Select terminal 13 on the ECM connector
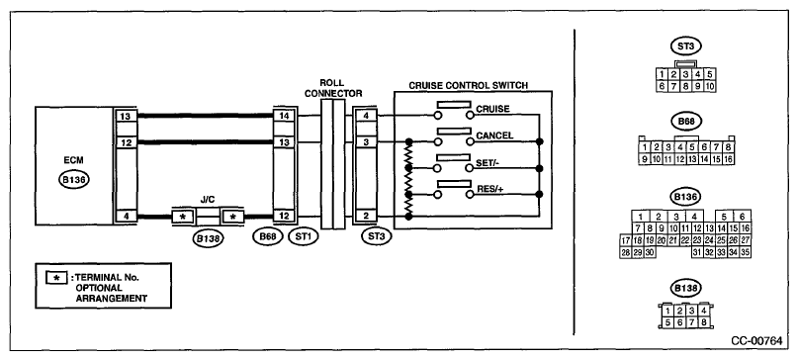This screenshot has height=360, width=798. click(125, 116)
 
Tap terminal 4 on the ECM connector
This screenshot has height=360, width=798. click(125, 216)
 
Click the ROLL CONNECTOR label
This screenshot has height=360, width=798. click(340, 88)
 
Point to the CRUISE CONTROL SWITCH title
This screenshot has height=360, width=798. click(468, 85)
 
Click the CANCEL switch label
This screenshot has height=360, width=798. click(494, 135)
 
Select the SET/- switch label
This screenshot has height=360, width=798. click(488, 163)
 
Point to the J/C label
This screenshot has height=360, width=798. click(208, 200)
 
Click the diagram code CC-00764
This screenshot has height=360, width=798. click(756, 341)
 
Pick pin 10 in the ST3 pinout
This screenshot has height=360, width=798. click(710, 87)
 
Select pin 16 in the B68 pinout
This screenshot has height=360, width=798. click(728, 159)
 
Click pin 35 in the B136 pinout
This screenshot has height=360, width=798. click(746, 252)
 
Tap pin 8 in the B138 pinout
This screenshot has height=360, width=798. click(704, 321)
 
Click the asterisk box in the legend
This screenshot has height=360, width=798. click(57, 278)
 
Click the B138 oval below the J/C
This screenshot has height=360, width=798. click(208, 237)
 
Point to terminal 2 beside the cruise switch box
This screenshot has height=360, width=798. click(365, 216)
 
